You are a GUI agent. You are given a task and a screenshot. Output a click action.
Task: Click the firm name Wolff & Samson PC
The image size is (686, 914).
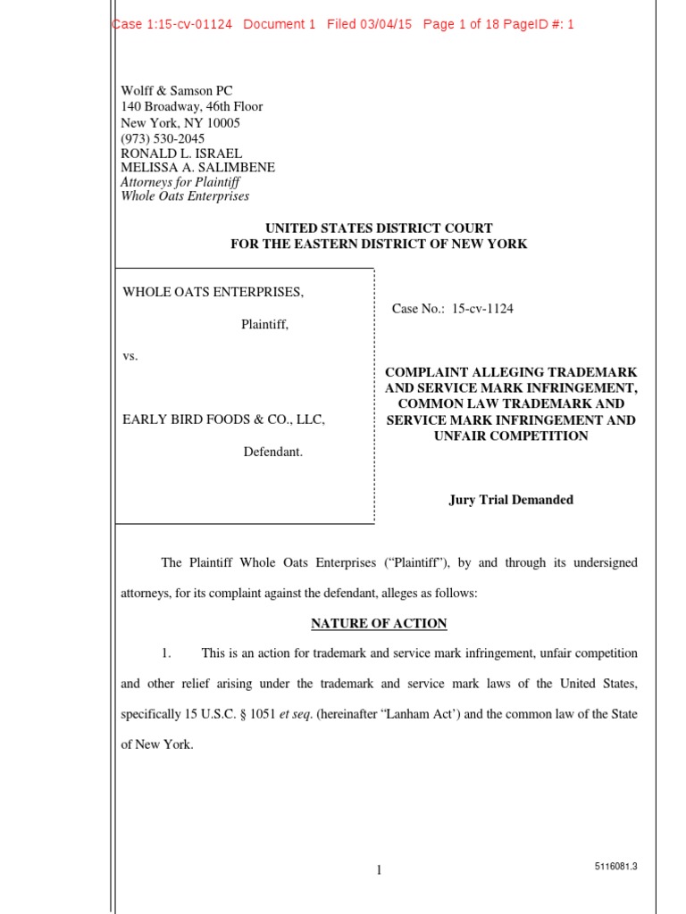(176, 90)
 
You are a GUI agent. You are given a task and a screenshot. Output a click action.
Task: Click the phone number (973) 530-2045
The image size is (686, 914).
(163, 138)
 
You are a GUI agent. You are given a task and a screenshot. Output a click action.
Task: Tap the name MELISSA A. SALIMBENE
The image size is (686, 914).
(197, 167)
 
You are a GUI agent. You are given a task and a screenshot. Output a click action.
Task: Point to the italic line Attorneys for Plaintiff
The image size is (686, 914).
(180, 182)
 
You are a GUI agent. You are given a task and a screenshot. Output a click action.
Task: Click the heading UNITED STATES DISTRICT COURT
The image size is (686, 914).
(379, 228)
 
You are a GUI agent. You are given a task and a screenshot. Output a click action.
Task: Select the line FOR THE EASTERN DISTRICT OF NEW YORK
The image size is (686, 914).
(379, 244)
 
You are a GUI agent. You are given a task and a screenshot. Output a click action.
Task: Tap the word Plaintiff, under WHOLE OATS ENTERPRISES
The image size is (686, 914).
(264, 325)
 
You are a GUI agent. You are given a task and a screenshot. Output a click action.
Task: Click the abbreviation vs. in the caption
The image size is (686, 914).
(130, 356)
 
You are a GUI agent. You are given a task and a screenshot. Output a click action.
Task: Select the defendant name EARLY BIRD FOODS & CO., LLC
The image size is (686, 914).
(223, 420)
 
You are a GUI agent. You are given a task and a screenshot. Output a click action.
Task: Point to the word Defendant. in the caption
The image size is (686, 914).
(273, 452)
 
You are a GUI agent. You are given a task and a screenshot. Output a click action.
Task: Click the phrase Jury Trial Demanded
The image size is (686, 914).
(511, 500)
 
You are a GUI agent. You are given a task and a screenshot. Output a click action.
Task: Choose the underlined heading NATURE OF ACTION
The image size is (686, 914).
(379, 623)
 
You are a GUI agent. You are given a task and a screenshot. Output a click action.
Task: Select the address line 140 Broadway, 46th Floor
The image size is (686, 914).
(192, 106)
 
